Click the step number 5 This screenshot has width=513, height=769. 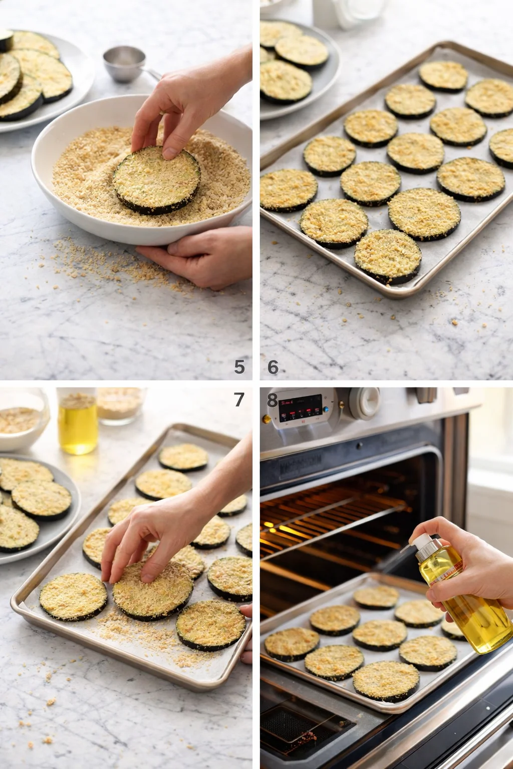(x=239, y=367)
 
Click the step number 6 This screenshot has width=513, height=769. (x=273, y=367)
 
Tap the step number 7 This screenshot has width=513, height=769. (x=239, y=400)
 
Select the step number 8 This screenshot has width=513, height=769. (x=272, y=400)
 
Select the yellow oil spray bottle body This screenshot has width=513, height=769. (x=466, y=601)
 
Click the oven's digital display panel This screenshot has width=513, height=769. (x=301, y=408)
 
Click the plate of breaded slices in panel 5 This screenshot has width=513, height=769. (x=35, y=80)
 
